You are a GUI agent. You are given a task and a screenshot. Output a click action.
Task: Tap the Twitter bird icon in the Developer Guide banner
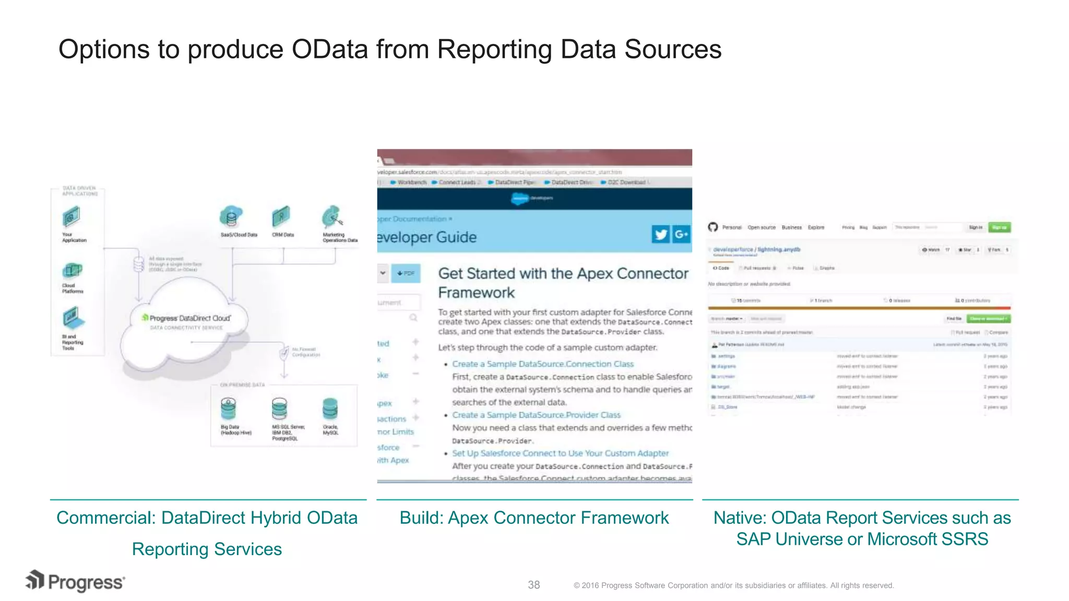coord(661,235)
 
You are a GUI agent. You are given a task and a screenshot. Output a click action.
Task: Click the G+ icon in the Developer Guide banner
coord(681,235)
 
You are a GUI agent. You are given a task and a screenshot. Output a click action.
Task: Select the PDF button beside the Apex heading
coord(406,273)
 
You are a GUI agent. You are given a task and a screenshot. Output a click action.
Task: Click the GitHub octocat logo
coord(713,227)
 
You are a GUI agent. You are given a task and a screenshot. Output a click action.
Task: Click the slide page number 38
coord(533,585)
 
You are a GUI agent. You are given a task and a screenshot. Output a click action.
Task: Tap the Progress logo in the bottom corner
coord(76,581)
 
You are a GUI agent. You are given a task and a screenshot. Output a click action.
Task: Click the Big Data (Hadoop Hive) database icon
coord(228,409)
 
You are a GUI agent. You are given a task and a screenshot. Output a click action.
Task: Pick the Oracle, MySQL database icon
coord(330,409)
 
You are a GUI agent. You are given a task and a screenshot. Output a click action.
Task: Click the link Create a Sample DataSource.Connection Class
coord(543,364)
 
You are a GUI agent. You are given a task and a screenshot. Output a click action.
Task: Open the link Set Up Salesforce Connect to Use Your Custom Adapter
coord(560,453)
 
